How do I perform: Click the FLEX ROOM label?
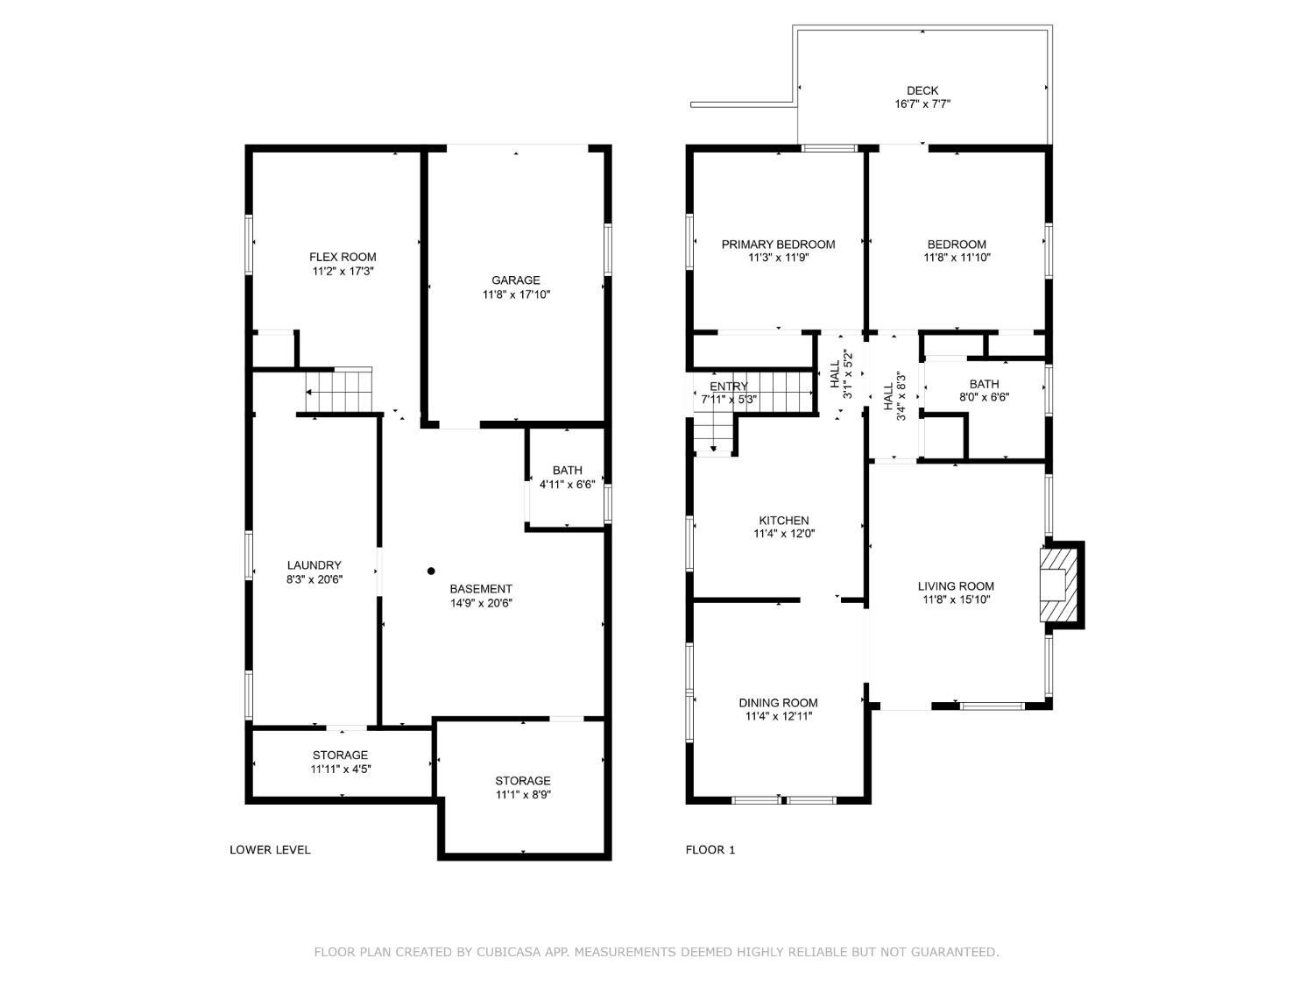tap(343, 257)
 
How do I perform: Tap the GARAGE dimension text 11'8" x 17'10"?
tap(516, 294)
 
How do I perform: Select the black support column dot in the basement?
tap(431, 571)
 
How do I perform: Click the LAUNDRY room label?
tap(314, 565)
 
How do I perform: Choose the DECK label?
tap(922, 90)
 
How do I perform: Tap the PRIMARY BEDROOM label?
tap(778, 245)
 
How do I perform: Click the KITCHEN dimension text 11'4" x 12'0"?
tap(784, 534)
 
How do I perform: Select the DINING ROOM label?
tap(778, 703)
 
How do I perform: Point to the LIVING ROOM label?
tap(956, 586)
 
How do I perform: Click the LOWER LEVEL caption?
tap(270, 849)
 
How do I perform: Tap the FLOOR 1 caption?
tap(710, 849)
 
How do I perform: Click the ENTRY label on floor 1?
tap(729, 387)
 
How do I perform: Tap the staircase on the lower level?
tap(339, 392)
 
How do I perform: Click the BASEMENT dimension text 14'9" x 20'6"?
tap(481, 604)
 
